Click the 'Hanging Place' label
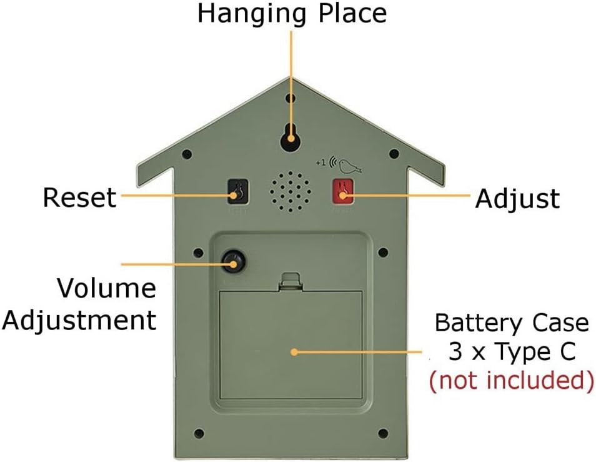[x=292, y=13]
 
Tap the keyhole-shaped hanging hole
[x=290, y=136]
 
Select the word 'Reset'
[x=79, y=198]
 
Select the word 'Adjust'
[x=517, y=199]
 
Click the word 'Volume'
[x=106, y=289]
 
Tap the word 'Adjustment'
[x=79, y=319]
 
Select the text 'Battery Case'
[x=512, y=323]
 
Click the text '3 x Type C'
[x=512, y=352]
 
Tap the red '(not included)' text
[x=510, y=381]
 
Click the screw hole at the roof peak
[x=291, y=99]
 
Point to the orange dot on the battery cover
[x=294, y=351]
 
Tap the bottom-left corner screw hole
[x=199, y=433]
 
